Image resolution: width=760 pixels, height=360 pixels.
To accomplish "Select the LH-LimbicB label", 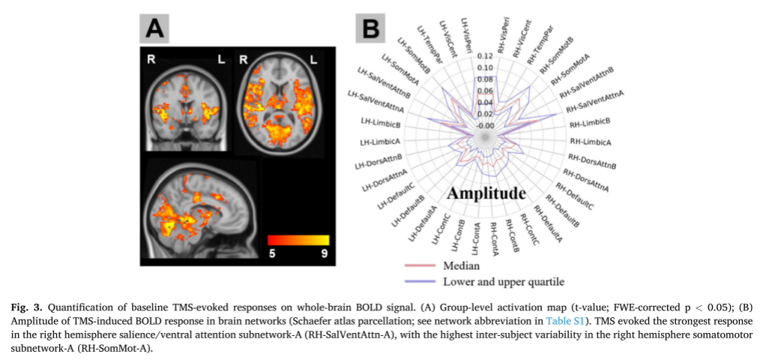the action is coord(381,121).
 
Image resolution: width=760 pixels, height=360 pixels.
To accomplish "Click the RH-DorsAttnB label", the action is coord(592,161).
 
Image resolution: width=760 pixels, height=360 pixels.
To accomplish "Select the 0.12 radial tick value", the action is coord(485,55).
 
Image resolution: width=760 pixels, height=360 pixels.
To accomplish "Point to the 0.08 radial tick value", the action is coord(485,79).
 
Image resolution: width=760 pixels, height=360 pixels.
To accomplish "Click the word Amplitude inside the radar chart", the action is coord(486,193).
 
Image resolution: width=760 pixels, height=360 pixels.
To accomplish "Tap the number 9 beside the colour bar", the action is coord(324,253).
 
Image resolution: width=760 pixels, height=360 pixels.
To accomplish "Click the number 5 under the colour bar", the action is coord(272,253).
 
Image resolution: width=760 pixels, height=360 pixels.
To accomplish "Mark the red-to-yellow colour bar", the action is coord(298,240).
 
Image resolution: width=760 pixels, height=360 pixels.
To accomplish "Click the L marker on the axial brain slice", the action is coord(313,60).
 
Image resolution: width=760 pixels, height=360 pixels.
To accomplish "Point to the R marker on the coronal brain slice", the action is coord(151,60).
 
